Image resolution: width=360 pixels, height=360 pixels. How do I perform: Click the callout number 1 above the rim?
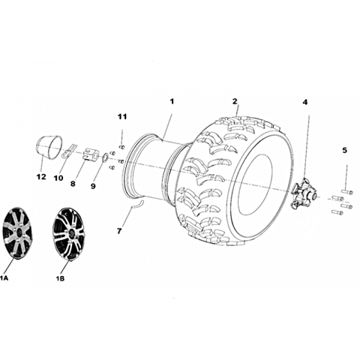[172, 102]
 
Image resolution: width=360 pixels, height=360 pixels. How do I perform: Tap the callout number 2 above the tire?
[235, 101]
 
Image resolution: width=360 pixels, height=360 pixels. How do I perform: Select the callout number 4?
[305, 102]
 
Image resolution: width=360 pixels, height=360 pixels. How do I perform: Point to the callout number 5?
[345, 150]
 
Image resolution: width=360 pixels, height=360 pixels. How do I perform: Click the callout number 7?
[119, 231]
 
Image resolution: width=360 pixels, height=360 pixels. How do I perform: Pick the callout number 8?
[73, 184]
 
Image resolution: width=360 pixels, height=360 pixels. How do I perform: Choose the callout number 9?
[93, 186]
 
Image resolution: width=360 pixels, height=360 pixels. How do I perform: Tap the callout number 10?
[58, 178]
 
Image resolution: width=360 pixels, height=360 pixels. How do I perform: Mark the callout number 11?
[122, 116]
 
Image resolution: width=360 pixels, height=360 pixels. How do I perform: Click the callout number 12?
[41, 177]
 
